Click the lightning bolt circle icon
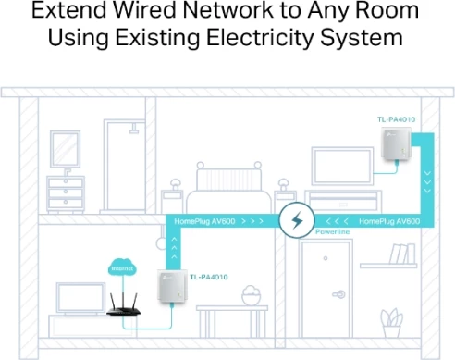pyautogui.click(x=297, y=221)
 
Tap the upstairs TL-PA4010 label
pyautogui.click(x=395, y=120)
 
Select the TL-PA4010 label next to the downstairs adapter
pyautogui.click(x=208, y=277)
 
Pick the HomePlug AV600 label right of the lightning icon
pyautogui.click(x=389, y=221)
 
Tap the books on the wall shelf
pyautogui.click(x=401, y=254)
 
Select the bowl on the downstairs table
pyautogui.click(x=251, y=296)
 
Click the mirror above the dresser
pyautogui.click(x=65, y=148)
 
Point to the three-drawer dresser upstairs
pyautogui.click(x=66, y=196)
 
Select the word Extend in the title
pyautogui.click(x=71, y=13)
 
